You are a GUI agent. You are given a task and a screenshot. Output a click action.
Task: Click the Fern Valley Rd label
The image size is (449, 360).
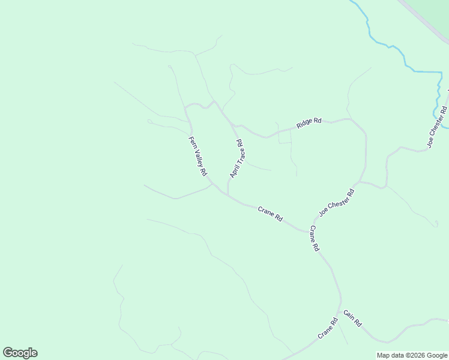click(x=197, y=156)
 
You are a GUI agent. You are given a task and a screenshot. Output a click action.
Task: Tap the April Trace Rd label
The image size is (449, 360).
click(x=237, y=158)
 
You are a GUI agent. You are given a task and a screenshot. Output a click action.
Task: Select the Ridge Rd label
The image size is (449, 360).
click(x=309, y=123)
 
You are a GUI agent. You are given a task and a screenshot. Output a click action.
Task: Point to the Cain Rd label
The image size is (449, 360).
click(x=352, y=318)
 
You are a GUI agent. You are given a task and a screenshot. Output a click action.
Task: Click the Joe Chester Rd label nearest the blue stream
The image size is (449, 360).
click(x=437, y=127)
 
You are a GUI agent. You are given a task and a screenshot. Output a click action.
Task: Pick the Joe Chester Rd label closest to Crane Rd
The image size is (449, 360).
click(x=337, y=202)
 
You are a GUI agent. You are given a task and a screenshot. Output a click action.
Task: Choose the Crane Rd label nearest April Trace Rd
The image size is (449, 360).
click(x=270, y=214)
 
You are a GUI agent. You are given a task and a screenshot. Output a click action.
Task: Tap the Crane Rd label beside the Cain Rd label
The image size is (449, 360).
click(x=328, y=328)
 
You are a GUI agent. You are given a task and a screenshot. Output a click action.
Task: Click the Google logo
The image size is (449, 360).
click(x=20, y=353)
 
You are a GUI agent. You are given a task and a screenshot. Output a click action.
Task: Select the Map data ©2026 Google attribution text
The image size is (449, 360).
click(x=412, y=355)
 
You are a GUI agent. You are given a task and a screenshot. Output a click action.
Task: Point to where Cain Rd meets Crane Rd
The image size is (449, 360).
click(x=340, y=309)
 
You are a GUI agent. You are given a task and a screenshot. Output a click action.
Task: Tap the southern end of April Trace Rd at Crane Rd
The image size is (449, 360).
click(x=228, y=195)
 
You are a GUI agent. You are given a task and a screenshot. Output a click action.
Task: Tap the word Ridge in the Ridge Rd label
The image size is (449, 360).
click(x=305, y=124)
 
